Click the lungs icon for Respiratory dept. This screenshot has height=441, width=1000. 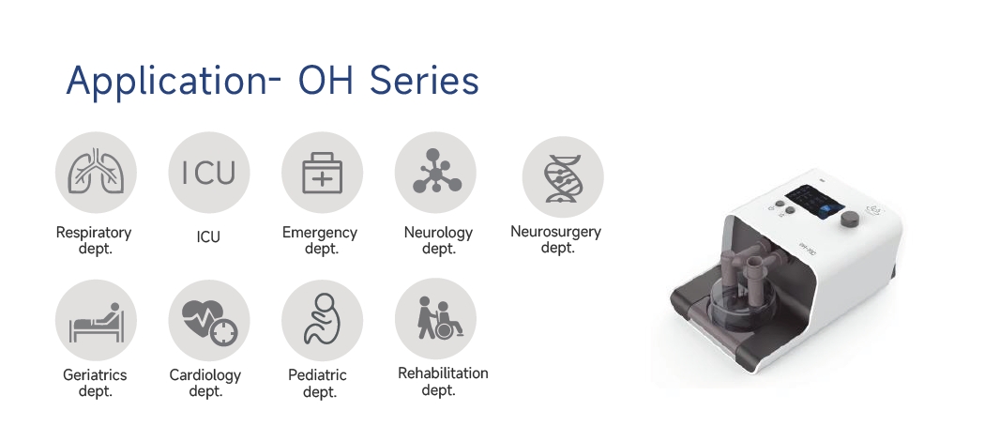pyautogui.click(x=96, y=173)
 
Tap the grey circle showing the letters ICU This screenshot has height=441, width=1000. pyautogui.click(x=209, y=173)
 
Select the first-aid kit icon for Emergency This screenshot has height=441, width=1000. pyautogui.click(x=322, y=173)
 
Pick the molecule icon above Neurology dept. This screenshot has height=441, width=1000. pyautogui.click(x=435, y=173)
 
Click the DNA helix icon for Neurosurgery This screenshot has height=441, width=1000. pyautogui.click(x=563, y=176)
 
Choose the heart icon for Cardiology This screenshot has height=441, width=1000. pyautogui.click(x=209, y=320)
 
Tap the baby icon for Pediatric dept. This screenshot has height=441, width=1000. pyautogui.click(x=322, y=320)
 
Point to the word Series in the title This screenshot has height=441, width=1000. pyautogui.click(x=424, y=81)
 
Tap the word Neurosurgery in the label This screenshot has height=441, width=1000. pyautogui.click(x=555, y=232)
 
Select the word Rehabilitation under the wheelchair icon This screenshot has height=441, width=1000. pyautogui.click(x=443, y=373)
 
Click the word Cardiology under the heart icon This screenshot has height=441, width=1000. pyautogui.click(x=205, y=375)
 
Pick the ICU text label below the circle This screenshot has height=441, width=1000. pyautogui.click(x=208, y=236)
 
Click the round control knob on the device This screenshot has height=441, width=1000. pyautogui.click(x=849, y=219)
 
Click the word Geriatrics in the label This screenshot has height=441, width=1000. pyautogui.click(x=95, y=375)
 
